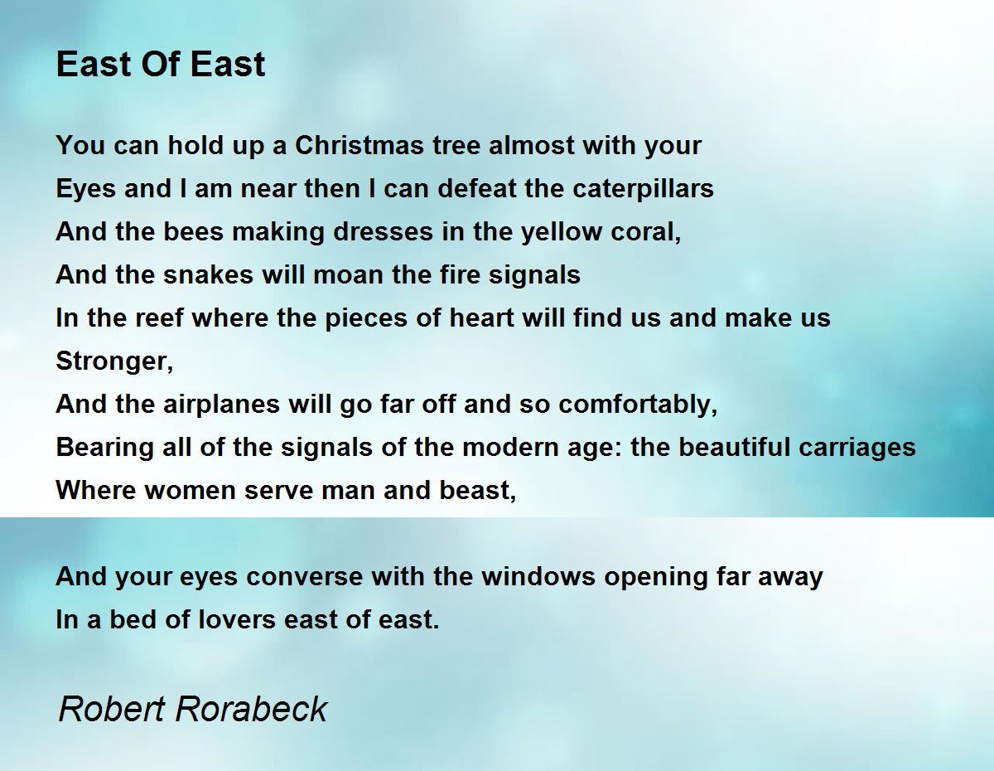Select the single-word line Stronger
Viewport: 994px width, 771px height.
114,361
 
